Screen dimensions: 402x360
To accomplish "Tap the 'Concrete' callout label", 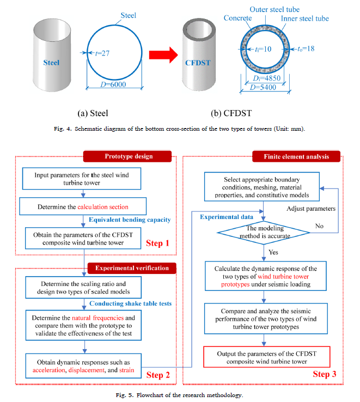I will [x=237, y=18].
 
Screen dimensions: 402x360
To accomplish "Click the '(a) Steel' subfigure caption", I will [x=93, y=113].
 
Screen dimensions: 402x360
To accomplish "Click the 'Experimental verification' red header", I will [x=129, y=267].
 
